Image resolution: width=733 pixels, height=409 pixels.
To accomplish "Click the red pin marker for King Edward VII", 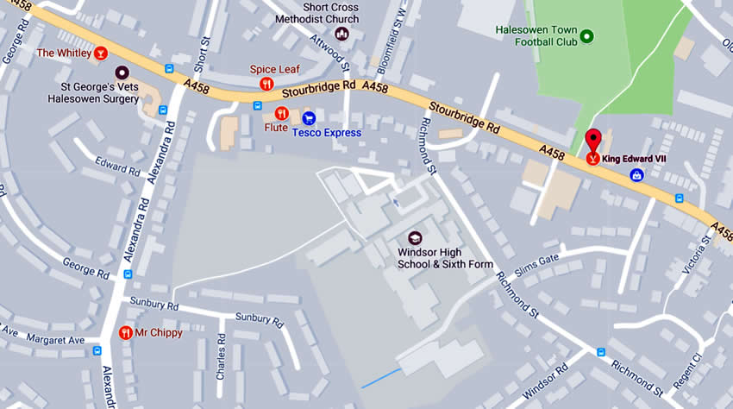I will [x=593, y=142].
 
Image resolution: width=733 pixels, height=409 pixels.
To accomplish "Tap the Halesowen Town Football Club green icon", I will [x=586, y=35].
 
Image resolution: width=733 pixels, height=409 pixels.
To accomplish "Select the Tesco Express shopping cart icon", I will [x=309, y=117].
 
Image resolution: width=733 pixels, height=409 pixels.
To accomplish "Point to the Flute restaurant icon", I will [x=281, y=113].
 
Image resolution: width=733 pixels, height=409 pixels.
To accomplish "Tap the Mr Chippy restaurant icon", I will [x=126, y=332].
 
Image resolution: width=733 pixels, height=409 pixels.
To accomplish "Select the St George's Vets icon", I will [x=122, y=72].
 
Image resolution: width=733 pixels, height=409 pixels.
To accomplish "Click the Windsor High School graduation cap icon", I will [x=415, y=237].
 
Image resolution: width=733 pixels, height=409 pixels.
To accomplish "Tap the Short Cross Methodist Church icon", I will [x=341, y=35].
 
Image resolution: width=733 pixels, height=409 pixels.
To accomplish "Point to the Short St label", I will [x=204, y=53].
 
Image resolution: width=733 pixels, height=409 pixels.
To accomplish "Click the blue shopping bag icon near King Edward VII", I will [x=637, y=175].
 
